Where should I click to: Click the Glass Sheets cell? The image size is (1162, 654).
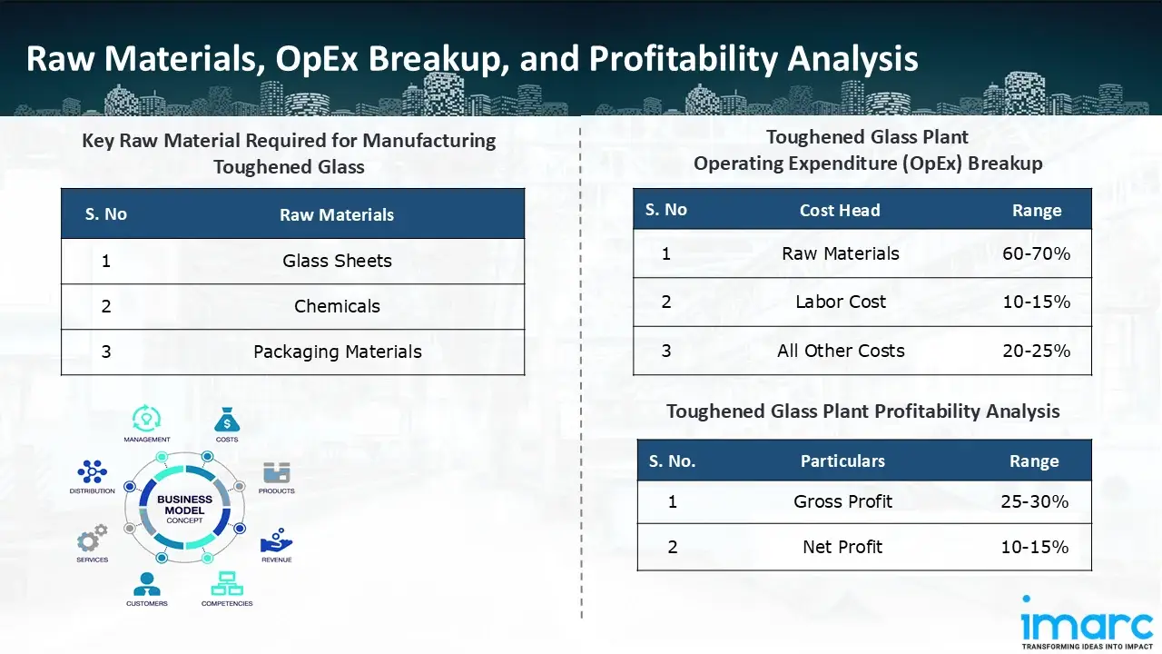coord(337,261)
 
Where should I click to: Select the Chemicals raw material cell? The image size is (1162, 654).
coord(337,306)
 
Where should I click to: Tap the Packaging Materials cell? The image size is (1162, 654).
coord(337,352)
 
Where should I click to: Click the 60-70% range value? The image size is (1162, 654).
coord(1036,253)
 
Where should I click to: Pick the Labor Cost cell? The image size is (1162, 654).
coord(841,302)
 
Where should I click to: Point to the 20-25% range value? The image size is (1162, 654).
coord(1036,351)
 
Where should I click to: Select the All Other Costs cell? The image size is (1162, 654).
coord(841,351)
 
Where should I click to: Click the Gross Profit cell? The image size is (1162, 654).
coord(842,501)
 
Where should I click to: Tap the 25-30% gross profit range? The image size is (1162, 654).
coord(1034,501)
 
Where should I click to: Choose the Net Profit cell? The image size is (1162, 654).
coord(842,547)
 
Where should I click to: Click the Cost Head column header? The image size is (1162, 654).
coord(840,210)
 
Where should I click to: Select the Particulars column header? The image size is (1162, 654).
coord(842,461)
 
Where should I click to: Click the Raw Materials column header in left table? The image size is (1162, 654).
coord(337,215)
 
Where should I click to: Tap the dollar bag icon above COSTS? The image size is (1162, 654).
coord(227,420)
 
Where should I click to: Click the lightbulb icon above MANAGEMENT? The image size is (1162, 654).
coord(146,419)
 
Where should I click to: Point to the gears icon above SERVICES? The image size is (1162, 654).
coord(92,538)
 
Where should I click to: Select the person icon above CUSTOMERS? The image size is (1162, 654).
coord(146,583)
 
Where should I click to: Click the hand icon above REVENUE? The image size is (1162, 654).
coord(276,541)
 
